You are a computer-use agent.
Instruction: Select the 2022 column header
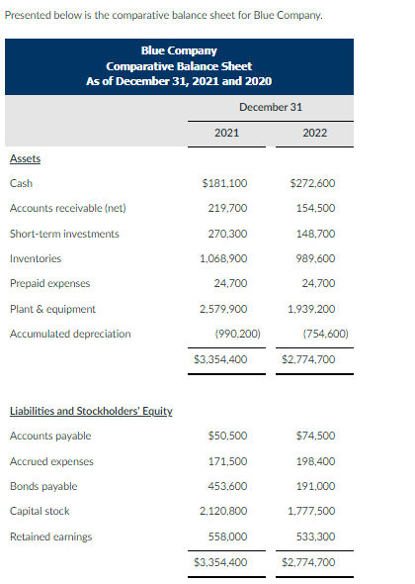coord(314,132)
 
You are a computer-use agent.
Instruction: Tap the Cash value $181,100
coord(224,183)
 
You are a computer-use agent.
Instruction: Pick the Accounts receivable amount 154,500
coord(316,208)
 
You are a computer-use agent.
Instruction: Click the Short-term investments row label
coord(64,234)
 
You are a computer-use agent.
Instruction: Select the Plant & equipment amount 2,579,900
coord(224,309)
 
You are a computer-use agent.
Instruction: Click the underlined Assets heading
coord(25,158)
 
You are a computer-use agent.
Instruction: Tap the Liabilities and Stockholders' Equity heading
coord(91,411)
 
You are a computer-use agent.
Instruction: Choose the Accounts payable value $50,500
coord(227,436)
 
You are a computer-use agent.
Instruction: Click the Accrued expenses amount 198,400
coord(316,461)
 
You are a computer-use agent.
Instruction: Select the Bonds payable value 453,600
coord(227,486)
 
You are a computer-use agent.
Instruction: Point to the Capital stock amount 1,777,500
coord(313,512)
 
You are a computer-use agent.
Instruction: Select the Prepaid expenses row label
coord(49,284)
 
